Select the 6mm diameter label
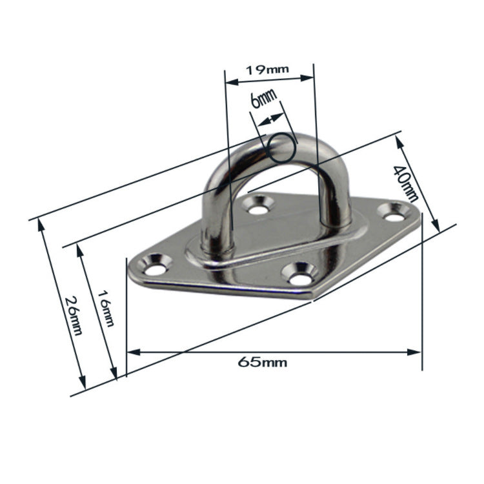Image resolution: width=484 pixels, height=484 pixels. click(x=263, y=99)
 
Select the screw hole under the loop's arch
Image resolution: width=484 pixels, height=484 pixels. click(x=259, y=208)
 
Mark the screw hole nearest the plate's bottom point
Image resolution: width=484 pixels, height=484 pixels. click(x=299, y=277)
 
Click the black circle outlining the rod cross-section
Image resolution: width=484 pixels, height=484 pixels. click(x=282, y=148)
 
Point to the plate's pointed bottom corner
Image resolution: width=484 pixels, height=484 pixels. click(x=314, y=297)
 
